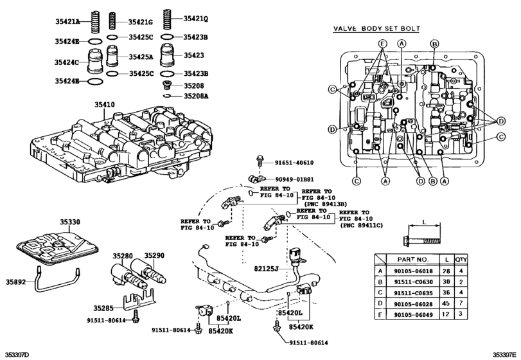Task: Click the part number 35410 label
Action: click(104, 105)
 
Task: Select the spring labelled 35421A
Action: click(95, 22)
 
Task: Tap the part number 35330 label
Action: click(70, 222)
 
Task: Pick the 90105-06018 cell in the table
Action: click(413, 271)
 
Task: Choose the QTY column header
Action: click(461, 259)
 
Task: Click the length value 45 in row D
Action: click(446, 303)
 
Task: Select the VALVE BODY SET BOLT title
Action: click(377, 28)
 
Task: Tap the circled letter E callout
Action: click(383, 44)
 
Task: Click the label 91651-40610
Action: click(294, 163)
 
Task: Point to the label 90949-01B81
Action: click(294, 179)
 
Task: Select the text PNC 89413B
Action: click(325, 204)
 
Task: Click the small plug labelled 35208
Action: click(168, 85)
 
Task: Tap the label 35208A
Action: click(196, 96)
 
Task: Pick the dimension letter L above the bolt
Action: click(424, 221)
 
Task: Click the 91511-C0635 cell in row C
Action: click(413, 293)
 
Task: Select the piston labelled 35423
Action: click(168, 55)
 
